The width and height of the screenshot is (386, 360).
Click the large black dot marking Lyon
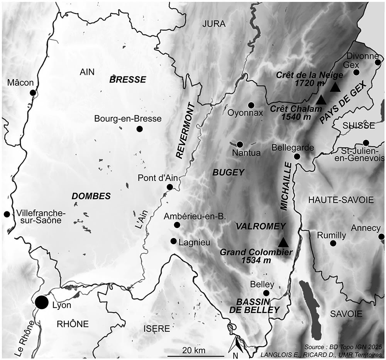coord(42,303)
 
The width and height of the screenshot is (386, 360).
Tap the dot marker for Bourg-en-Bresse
coord(139,129)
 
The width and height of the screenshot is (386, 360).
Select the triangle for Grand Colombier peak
coord(283,242)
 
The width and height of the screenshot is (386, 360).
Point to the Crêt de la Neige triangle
coord(335,88)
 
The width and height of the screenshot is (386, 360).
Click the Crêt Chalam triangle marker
coord(321,100)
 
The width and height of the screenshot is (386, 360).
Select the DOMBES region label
coord(91,196)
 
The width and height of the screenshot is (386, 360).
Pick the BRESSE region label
coord(128,80)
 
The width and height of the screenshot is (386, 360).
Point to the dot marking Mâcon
coord(33,93)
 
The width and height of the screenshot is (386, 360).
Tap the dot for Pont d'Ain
coord(169,187)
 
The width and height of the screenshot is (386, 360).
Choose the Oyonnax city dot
coord(251,105)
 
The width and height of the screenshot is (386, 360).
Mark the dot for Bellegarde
coord(297,156)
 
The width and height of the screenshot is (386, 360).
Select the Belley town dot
coord(266,294)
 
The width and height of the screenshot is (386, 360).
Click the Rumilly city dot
coord(333,243)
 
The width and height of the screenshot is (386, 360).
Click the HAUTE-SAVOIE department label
coord(341,200)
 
